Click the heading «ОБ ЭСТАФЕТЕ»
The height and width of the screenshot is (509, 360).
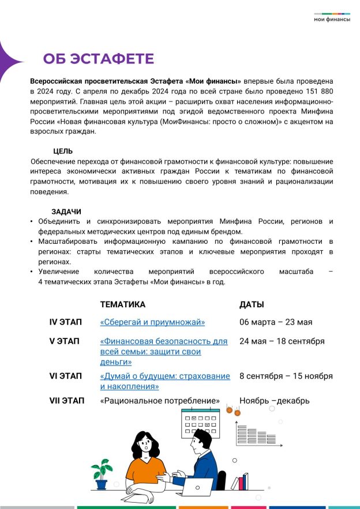[x=99, y=59]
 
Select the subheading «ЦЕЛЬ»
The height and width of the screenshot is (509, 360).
[x=62, y=151]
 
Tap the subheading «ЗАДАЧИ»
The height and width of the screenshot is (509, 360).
[x=66, y=212]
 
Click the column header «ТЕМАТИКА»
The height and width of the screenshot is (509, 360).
[x=123, y=304]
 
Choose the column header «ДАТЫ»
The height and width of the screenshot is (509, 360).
[x=252, y=304]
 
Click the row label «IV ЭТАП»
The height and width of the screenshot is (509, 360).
[x=65, y=322]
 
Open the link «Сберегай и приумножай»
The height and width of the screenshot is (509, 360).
[x=152, y=322]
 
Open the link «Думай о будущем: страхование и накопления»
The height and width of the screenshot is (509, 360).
[x=165, y=381]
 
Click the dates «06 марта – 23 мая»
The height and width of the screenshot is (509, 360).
[x=276, y=322]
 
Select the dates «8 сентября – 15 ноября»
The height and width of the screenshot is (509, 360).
[x=286, y=376]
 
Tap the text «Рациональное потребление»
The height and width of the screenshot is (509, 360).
[x=160, y=401]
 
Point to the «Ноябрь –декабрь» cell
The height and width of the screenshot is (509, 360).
[x=275, y=401]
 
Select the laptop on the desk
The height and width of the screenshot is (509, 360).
[x=196, y=488]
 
